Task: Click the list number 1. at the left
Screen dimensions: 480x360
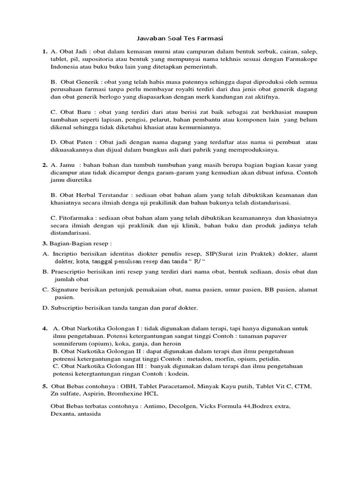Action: (45, 51)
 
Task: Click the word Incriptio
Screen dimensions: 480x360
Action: (66, 254)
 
